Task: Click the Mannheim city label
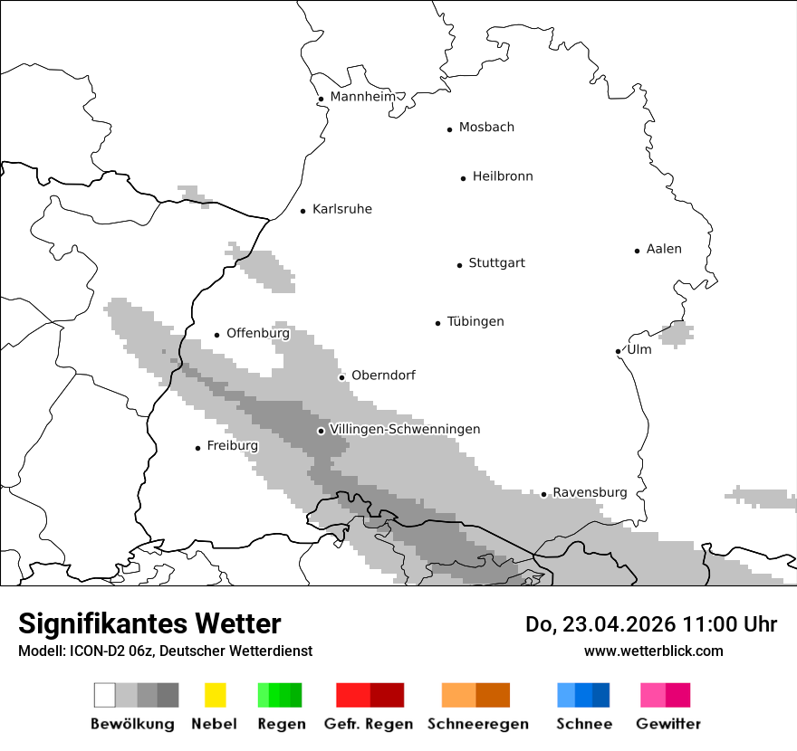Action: [362, 97]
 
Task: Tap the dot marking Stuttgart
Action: [459, 265]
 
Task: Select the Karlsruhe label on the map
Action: [341, 209]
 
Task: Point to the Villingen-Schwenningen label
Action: [405, 429]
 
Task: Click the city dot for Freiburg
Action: [197, 448]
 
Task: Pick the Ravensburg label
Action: [590, 492]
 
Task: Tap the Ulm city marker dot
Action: [618, 351]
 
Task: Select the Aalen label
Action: [664, 249]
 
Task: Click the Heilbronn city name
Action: [503, 176]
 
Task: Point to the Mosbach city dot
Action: [449, 129]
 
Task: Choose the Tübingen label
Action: [475, 321]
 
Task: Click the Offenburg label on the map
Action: [257, 333]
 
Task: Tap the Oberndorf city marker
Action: [341, 377]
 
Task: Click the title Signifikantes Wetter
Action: [149, 623]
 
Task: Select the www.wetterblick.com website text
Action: [653, 651]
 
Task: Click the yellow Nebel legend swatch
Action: [215, 695]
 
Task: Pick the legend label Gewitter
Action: [667, 724]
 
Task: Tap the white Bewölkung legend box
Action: [104, 695]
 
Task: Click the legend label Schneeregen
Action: [477, 724]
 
